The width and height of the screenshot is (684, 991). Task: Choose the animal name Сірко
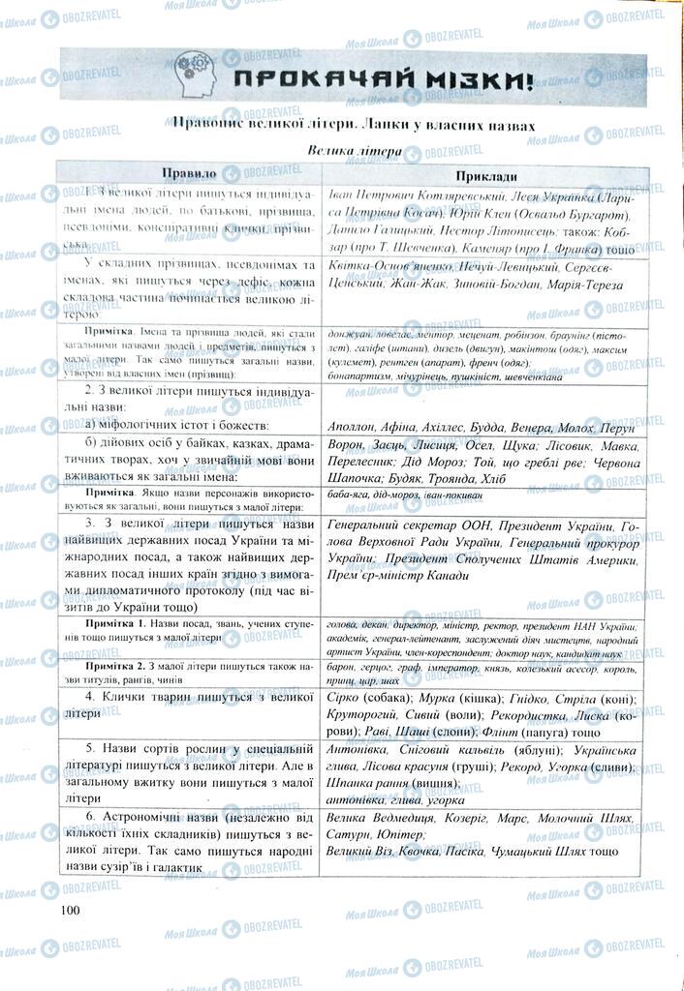(x=346, y=697)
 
